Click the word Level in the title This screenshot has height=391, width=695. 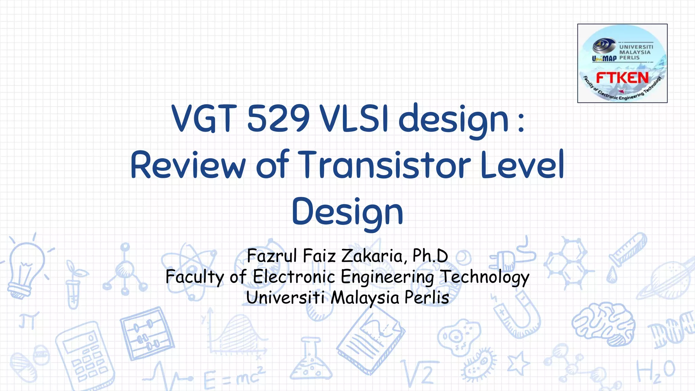[523, 165]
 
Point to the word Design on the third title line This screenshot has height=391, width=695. [347, 212]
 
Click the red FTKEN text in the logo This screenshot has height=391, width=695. [622, 78]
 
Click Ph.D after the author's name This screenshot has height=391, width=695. [430, 256]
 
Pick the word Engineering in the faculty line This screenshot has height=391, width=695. [387, 277]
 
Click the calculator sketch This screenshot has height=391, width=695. [85, 356]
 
